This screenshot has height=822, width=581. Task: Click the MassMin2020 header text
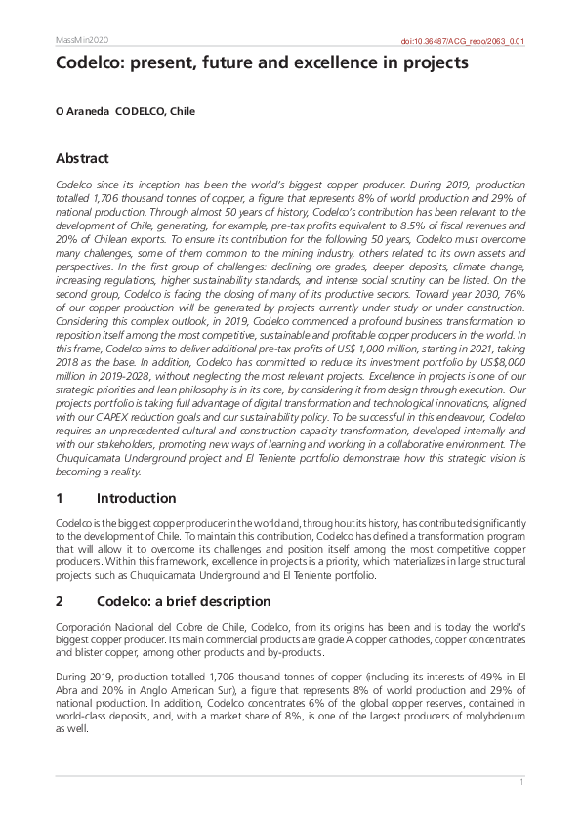pyautogui.click(x=82, y=40)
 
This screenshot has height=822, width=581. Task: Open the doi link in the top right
pyautogui.click(x=464, y=41)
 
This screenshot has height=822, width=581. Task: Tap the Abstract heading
pyautogui.click(x=82, y=158)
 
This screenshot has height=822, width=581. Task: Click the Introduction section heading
pyautogui.click(x=136, y=498)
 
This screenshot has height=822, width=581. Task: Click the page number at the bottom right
pyautogui.click(x=522, y=782)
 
